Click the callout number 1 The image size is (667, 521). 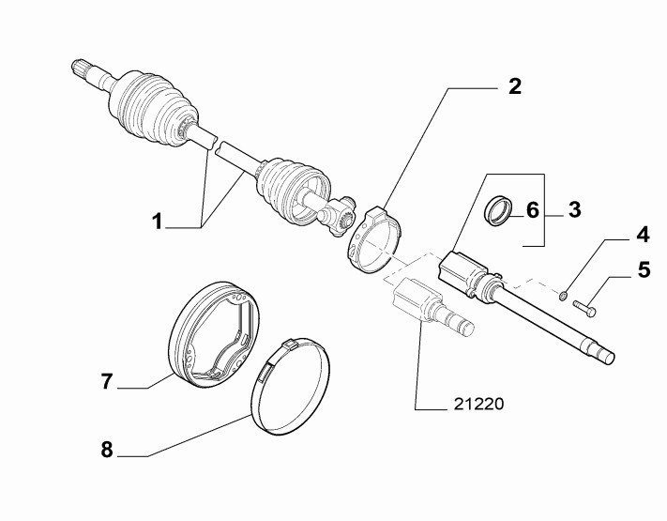tap(158, 222)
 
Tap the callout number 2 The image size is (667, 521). tap(515, 86)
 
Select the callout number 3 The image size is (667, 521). tap(574, 210)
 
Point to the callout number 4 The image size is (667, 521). tap(643, 235)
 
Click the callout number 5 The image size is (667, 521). tap(644, 269)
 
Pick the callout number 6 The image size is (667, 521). tap(533, 210)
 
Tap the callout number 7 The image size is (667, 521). tap(106, 381)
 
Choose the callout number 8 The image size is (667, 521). tap(107, 449)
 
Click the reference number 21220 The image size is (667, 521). tap(478, 404)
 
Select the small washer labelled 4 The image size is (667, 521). tap(563, 295)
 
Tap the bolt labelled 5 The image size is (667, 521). tap(584, 308)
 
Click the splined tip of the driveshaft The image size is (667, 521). tap(82, 69)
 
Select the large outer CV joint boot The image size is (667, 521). tap(153, 110)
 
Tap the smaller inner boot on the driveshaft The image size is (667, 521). tap(293, 191)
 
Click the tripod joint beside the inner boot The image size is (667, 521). tap(337, 216)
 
